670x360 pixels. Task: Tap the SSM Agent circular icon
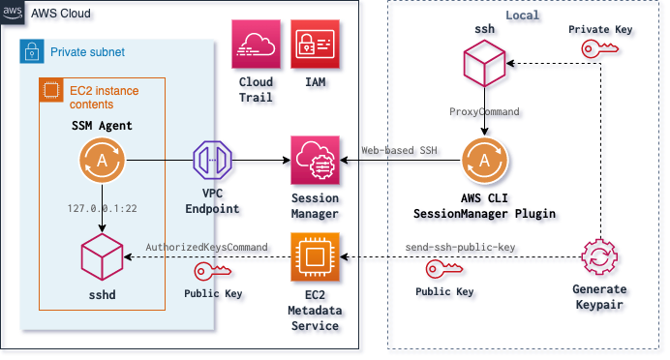102,161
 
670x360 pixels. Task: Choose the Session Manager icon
316,161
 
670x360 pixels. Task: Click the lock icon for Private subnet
30,50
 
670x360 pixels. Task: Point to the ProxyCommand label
486,113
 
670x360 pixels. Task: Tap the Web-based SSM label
401,151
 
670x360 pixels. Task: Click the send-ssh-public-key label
461,249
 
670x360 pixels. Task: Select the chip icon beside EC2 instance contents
47,89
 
